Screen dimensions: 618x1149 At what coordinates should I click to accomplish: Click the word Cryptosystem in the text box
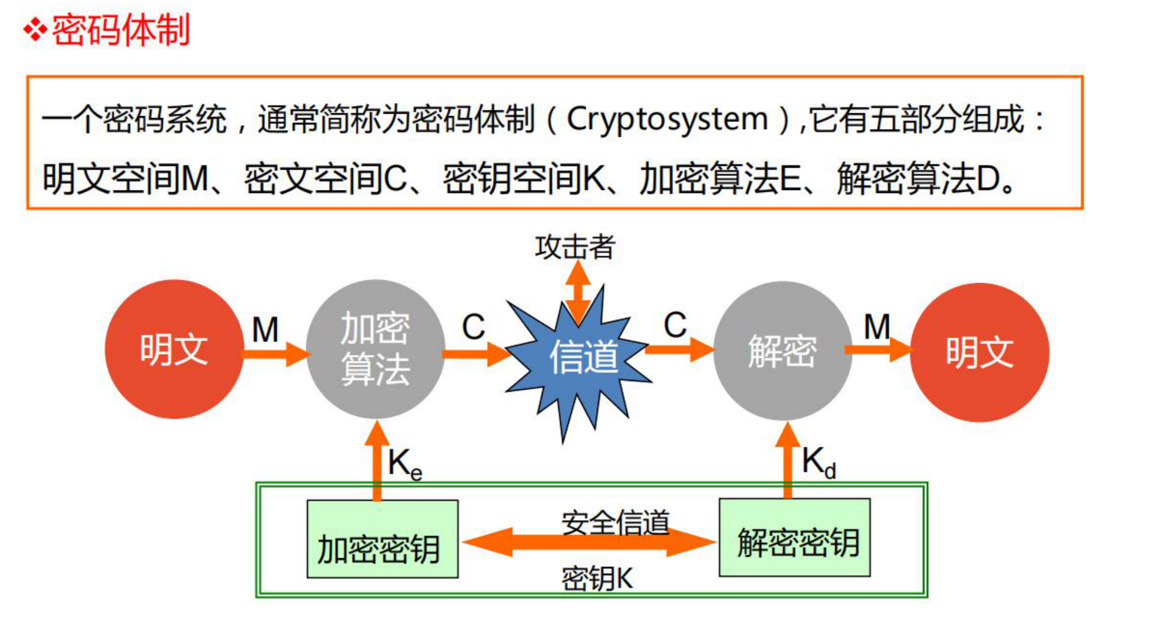[667, 120]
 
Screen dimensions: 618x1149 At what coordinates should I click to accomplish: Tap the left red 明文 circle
[174, 349]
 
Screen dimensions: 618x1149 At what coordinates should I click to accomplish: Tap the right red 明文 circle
[979, 352]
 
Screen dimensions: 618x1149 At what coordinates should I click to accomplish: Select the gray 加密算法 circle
[375, 349]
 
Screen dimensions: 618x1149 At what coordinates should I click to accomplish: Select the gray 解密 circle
[782, 351]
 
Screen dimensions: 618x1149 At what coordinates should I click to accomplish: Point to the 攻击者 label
[574, 247]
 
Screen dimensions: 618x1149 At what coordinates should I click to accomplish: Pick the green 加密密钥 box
[382, 539]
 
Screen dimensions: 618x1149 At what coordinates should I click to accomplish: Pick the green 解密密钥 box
[794, 538]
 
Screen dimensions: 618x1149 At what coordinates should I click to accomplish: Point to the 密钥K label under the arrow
[597, 579]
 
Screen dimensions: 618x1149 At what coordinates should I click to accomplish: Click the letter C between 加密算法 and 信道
[472, 327]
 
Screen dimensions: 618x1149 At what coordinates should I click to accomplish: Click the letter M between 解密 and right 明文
[876, 327]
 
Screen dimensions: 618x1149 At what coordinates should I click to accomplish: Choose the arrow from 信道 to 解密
[680, 350]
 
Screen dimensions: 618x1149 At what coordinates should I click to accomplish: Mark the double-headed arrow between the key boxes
[589, 542]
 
